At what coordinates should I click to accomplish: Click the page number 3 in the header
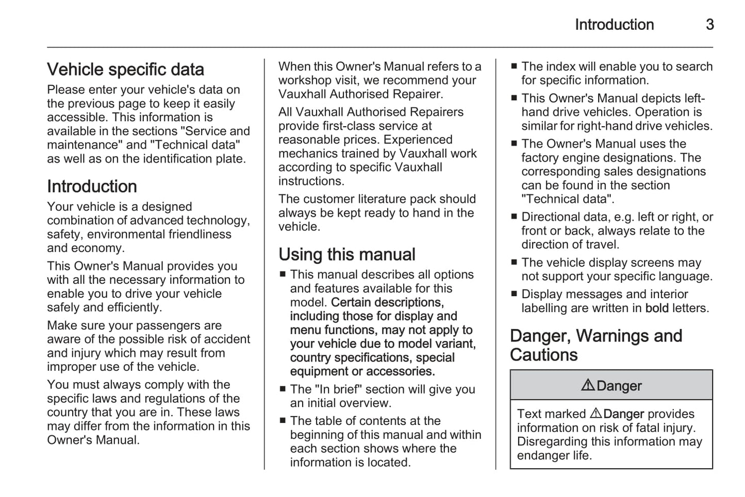click(x=709, y=24)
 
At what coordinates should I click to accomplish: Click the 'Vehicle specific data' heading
click(x=125, y=70)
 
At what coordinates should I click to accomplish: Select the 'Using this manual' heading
click(x=346, y=254)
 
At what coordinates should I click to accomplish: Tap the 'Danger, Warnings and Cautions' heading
click(x=595, y=345)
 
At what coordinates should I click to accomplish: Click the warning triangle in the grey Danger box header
click(x=587, y=385)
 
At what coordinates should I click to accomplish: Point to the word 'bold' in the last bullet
click(x=657, y=308)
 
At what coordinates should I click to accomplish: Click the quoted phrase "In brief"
click(x=335, y=389)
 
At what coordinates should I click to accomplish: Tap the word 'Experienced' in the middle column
click(x=418, y=140)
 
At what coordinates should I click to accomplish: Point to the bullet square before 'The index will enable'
click(x=514, y=66)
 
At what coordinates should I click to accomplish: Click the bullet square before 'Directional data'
click(x=514, y=217)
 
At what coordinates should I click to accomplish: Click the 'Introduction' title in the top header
click(x=614, y=24)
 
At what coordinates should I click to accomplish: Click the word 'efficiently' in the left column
click(x=134, y=307)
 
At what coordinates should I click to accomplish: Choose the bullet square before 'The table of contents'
click(x=283, y=421)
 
